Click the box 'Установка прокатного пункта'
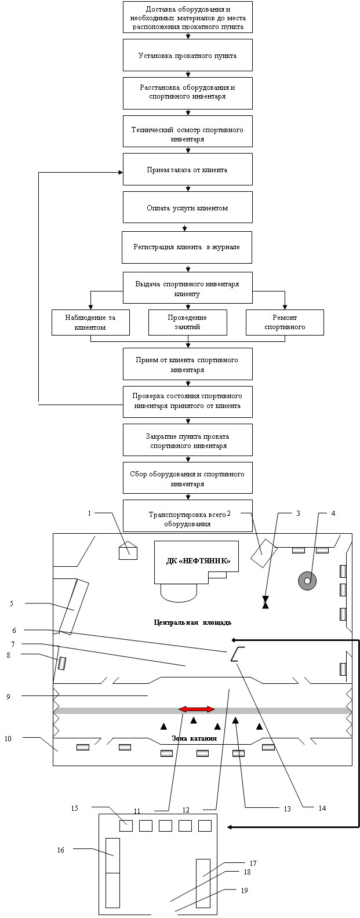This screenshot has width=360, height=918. [187, 55]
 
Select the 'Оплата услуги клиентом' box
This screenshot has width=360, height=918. [187, 207]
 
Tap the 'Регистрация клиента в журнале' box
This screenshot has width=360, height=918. [187, 247]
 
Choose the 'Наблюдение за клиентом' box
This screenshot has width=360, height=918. [90, 322]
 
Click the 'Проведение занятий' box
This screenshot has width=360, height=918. [187, 322]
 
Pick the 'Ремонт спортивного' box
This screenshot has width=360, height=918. [285, 322]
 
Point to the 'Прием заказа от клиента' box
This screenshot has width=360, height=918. [187, 169]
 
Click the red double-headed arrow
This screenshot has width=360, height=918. [197, 709]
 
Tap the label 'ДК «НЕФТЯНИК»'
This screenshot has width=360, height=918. [196, 561]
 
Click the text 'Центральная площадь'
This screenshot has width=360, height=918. [192, 622]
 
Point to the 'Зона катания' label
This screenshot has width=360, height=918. [194, 738]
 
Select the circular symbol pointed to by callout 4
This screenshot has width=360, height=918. [308, 579]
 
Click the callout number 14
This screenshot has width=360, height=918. [322, 808]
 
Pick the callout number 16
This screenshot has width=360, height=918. [60, 850]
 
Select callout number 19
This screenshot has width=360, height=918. [244, 890]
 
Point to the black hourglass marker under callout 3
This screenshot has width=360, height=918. [266, 603]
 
